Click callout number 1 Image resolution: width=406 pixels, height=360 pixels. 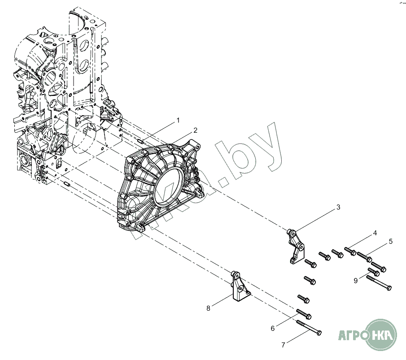pyautogui.click(x=178, y=120)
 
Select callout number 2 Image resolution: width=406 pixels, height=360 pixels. pyautogui.click(x=195, y=130)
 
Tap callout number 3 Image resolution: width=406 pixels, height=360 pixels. pyautogui.click(x=338, y=207)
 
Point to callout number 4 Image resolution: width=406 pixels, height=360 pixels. pyautogui.click(x=375, y=233)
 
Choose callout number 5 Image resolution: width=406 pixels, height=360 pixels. pyautogui.click(x=390, y=241)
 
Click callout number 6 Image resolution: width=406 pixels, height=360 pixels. pyautogui.click(x=272, y=329)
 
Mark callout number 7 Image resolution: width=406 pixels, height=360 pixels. pyautogui.click(x=283, y=345)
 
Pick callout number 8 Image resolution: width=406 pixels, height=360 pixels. pyautogui.click(x=208, y=308)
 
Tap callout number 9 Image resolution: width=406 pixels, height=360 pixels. pyautogui.click(x=355, y=281)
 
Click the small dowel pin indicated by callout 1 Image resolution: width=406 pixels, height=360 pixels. pyautogui.click(x=141, y=141)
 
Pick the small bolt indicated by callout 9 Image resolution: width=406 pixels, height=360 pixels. pyautogui.click(x=374, y=271)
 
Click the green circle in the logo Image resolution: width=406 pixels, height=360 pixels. pyautogui.click(x=382, y=334)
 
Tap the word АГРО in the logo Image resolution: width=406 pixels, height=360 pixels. pyautogui.click(x=352, y=334)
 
